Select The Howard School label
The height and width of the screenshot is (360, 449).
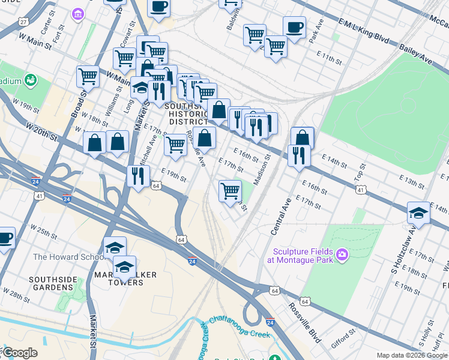pos(64,257)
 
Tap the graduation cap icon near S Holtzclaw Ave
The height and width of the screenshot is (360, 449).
pos(419,212)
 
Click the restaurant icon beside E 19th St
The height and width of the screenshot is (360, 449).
pos(139,176)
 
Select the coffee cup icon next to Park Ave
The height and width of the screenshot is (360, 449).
pos(294,27)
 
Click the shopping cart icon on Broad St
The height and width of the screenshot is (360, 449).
pos(88,77)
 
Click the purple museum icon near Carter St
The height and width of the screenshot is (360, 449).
pos(78,13)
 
